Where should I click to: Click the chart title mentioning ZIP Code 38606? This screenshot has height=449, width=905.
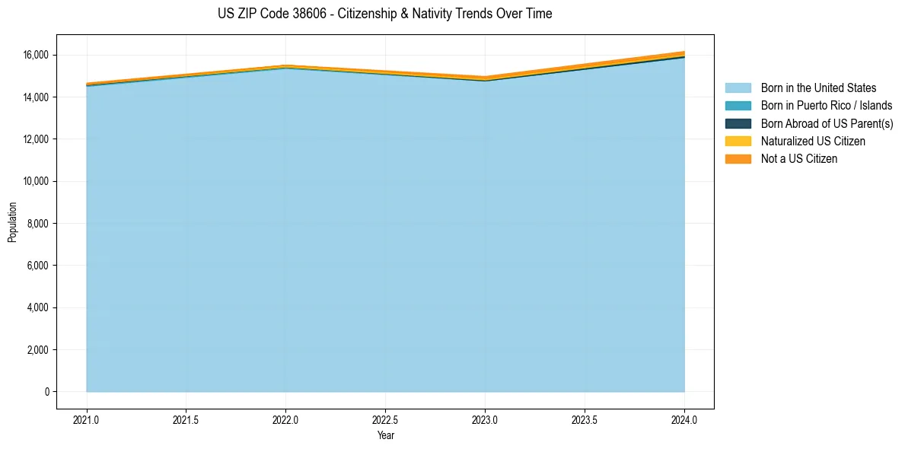point(384,14)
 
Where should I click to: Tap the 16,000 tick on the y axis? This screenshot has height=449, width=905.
point(36,55)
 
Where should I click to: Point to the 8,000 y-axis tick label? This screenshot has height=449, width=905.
point(38,224)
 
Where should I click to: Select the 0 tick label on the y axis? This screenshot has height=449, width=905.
point(46,392)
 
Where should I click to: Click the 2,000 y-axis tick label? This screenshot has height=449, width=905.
point(38,350)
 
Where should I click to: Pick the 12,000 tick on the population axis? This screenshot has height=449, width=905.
point(36,139)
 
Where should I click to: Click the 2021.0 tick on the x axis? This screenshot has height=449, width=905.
point(87,419)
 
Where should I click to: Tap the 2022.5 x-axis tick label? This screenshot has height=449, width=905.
point(385,419)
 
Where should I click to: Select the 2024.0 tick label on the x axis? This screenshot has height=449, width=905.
point(684,419)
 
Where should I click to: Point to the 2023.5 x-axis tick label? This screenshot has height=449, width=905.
point(585,419)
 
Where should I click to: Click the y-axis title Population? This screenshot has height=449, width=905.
point(12,222)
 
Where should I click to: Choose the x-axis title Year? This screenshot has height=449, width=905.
point(385,435)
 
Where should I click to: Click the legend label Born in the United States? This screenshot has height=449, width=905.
point(818,88)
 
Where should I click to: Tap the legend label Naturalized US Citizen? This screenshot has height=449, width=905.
point(813,142)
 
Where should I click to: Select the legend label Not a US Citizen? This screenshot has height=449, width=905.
point(798,159)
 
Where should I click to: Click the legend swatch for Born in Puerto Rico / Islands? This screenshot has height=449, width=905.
point(738,106)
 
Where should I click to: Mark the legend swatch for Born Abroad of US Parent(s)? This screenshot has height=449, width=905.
point(738,123)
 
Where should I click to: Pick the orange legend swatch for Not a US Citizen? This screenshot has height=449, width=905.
point(738,159)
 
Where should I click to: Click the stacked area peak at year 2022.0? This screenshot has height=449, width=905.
point(285,65)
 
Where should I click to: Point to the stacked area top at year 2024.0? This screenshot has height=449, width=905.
point(684,52)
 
